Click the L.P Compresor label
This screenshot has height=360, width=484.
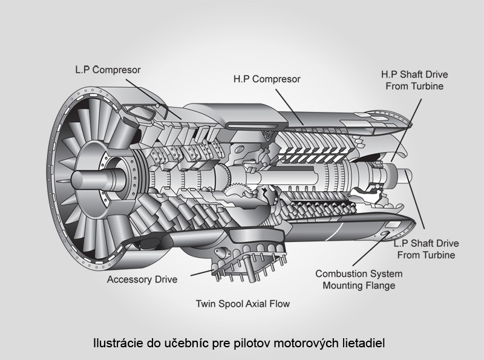[x=104, y=70]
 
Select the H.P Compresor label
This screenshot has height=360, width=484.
[x=267, y=79]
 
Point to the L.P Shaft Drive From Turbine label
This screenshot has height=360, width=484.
[x=426, y=249]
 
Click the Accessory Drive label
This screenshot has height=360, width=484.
[x=142, y=280]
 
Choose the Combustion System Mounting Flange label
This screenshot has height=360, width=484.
[x=359, y=280]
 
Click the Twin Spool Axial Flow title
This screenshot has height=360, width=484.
[x=242, y=304]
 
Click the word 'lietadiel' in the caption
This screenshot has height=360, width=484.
[x=364, y=343]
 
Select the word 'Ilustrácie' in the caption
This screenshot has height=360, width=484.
[x=117, y=343]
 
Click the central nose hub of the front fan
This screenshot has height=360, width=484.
[x=85, y=180]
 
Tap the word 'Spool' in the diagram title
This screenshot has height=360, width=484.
[x=232, y=304]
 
